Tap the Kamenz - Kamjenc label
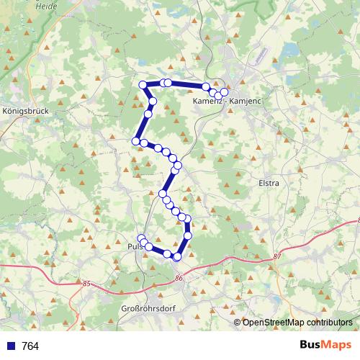(x=227, y=102)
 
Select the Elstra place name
(x=268, y=184)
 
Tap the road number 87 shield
(x=278, y=257)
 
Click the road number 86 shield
(x=179, y=278)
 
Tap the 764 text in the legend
(x=30, y=346)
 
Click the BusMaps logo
(x=324, y=346)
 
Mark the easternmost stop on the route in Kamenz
(x=224, y=92)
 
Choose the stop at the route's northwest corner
(x=143, y=85)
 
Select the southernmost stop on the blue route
(x=177, y=256)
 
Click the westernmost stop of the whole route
(x=135, y=140)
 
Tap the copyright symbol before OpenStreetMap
(x=238, y=322)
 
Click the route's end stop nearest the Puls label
(x=142, y=240)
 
